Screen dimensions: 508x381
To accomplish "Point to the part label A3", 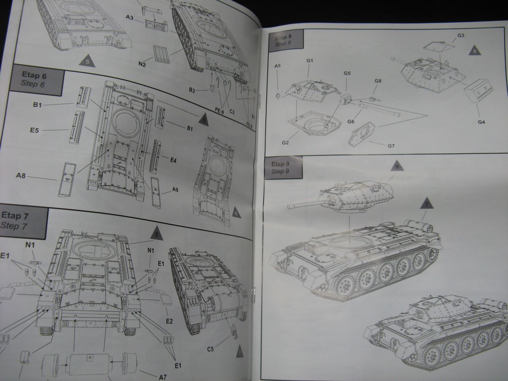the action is (130, 18).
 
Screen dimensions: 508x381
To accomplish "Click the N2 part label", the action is (142, 64).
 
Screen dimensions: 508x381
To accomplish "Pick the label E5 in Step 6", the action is (34, 130).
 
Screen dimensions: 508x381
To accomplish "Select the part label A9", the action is (175, 190).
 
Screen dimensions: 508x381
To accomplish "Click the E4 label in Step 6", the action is (174, 160).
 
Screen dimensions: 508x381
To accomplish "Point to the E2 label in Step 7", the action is (169, 321).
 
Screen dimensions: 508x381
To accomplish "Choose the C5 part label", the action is (210, 349).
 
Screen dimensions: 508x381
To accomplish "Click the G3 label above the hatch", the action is (461, 35).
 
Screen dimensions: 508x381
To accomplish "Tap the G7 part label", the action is (391, 146).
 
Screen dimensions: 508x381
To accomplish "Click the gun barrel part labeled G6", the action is (379, 108).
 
